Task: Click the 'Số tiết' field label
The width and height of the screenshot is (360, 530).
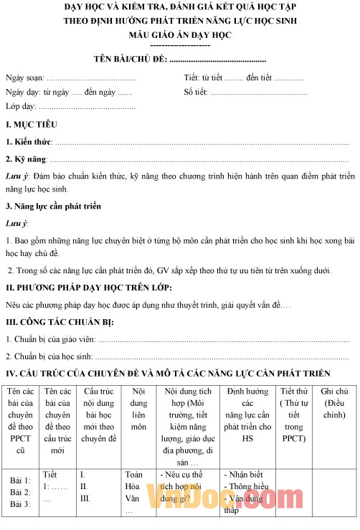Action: [195, 92]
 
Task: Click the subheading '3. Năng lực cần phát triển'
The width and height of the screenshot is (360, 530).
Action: [53, 207]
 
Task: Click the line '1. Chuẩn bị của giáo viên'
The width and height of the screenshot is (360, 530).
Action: [50, 339]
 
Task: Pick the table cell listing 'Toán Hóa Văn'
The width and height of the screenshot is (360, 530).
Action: [134, 492]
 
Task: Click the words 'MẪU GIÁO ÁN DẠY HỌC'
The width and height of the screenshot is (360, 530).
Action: [180, 34]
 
